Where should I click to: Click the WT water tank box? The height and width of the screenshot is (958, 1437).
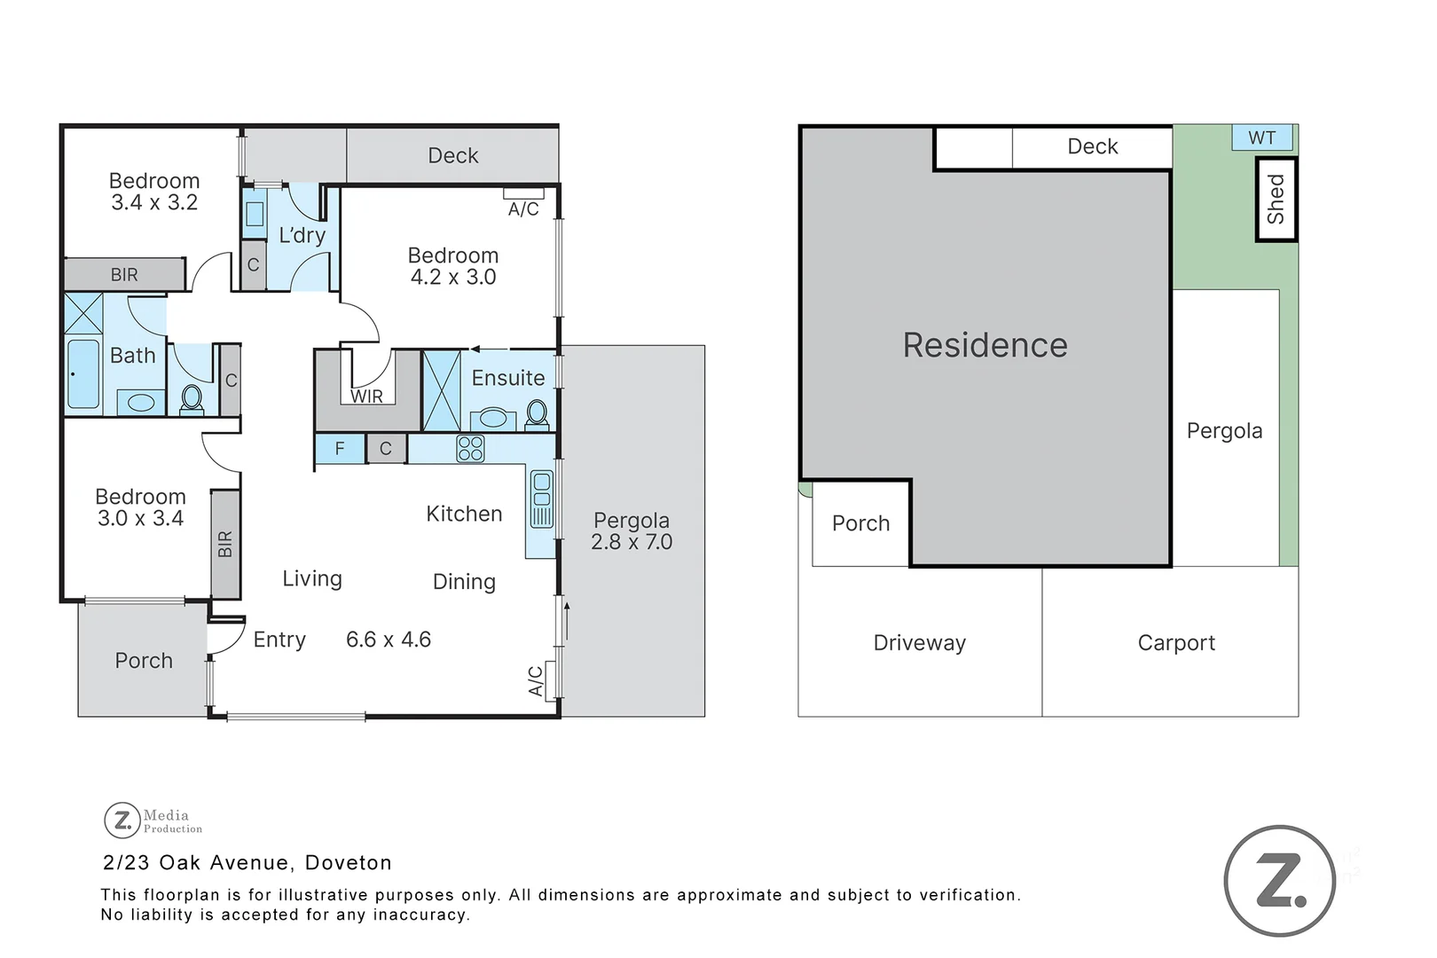pos(1262,138)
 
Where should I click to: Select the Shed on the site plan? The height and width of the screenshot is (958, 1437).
pos(1276,199)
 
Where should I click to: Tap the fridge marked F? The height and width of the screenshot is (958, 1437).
pos(340,449)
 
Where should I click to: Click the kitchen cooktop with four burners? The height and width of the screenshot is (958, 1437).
pos(470,449)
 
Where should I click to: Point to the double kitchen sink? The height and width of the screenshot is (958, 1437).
pos(540,499)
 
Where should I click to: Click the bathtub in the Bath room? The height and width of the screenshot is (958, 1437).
pos(83,373)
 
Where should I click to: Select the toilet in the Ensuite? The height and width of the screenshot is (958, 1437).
pos(537,413)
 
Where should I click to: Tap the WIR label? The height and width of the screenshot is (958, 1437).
pos(366,397)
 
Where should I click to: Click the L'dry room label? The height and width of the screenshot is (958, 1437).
pos(302,235)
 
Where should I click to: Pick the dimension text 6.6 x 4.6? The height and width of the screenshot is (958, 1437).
pos(389,640)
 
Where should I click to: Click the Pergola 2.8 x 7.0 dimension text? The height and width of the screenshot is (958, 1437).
pos(632,542)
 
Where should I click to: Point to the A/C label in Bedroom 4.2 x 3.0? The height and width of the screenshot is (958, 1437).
pos(523,209)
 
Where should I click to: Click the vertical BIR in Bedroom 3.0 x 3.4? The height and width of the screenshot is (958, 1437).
pos(225,544)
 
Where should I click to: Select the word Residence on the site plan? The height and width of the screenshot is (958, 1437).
pos(985,345)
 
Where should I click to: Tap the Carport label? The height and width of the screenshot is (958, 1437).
pos(1176,643)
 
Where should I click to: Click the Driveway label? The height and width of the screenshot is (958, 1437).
pos(919,643)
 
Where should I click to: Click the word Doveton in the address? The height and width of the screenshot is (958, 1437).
pos(348,863)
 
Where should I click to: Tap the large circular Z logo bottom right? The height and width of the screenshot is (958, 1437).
pos(1279,881)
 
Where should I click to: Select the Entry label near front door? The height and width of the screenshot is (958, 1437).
pos(279,640)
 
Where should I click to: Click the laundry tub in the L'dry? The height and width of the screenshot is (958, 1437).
pos(255,214)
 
